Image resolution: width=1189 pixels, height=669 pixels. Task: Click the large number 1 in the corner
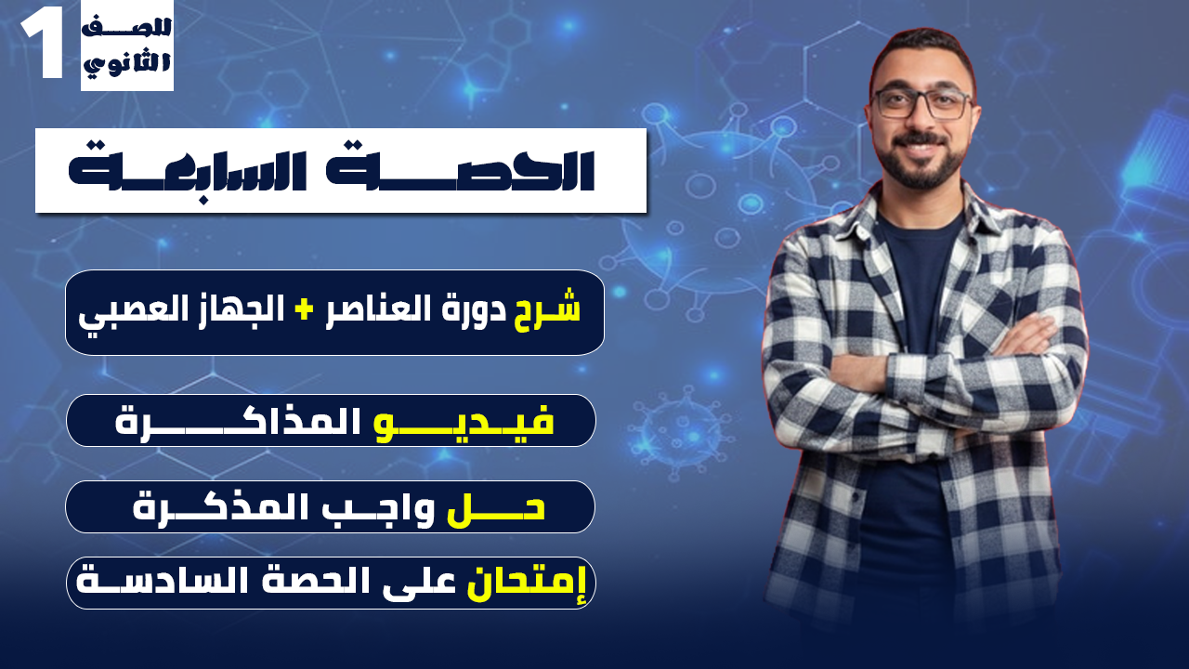(43, 46)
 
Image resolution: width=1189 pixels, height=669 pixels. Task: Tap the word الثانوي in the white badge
(127, 65)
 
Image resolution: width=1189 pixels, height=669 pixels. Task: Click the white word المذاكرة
(236, 421)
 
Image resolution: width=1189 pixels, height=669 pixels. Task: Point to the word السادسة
(153, 582)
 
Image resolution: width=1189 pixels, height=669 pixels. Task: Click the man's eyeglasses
(921, 103)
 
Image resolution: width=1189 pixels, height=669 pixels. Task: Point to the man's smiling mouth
(922, 147)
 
